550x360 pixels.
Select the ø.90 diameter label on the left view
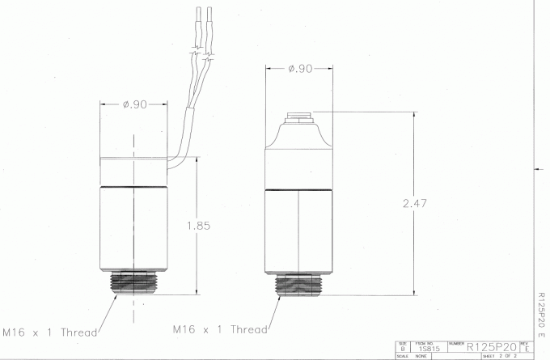click(133, 104)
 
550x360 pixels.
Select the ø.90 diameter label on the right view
click(300, 69)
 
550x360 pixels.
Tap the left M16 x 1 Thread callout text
click(49, 332)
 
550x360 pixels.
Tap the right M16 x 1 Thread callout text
click(220, 329)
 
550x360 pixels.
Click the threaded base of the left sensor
click(133, 282)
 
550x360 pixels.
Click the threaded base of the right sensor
click(299, 284)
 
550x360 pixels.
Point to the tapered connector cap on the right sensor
click(299, 131)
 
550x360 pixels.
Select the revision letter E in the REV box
click(527, 349)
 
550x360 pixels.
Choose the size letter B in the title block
click(402, 349)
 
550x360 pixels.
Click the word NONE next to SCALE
click(421, 356)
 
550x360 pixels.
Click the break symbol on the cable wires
click(200, 58)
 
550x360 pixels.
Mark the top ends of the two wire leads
click(202, 10)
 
